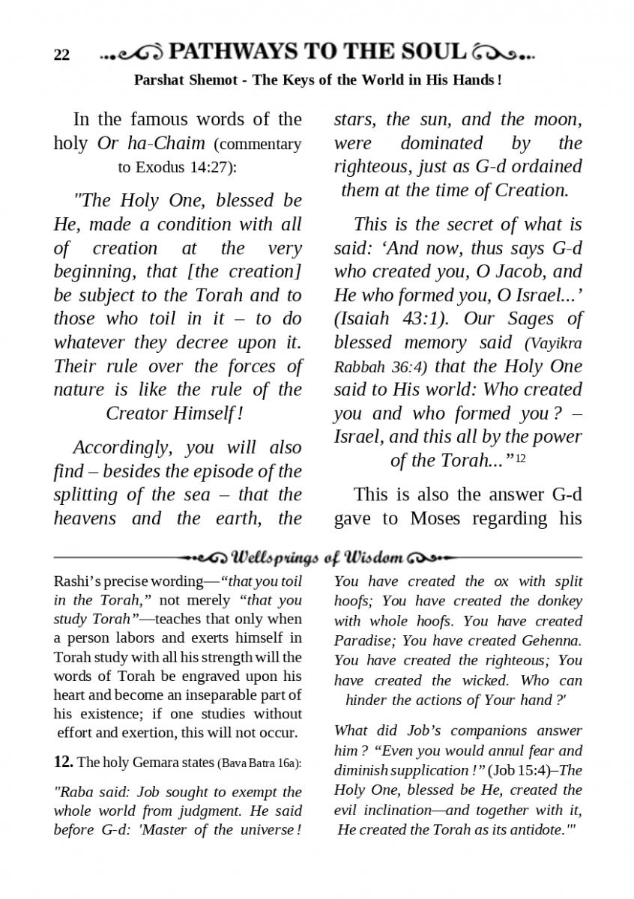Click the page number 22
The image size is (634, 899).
coord(61,55)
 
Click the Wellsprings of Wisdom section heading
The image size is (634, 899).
coord(318,558)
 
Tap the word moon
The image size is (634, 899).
coord(558,119)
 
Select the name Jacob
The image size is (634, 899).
coord(524,271)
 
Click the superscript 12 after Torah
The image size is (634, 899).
coord(521,458)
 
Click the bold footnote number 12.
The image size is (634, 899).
coord(63,763)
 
